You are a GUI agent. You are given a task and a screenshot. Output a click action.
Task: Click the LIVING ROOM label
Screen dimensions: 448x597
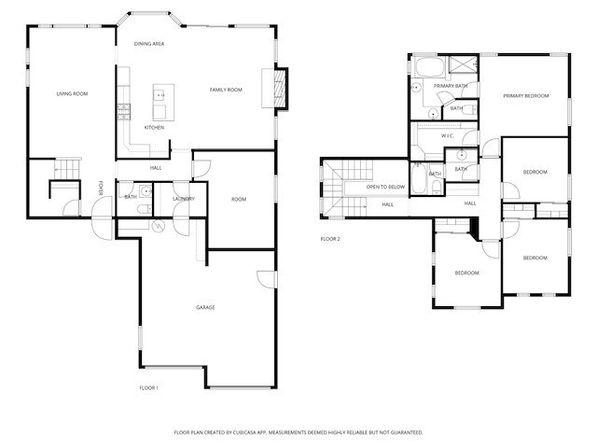(72, 93)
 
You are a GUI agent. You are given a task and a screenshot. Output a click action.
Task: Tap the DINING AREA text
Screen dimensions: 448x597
(149, 44)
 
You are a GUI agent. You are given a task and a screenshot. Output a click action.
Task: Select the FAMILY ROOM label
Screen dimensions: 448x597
(226, 90)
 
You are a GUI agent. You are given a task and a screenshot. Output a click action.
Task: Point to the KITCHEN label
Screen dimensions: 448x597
(154, 127)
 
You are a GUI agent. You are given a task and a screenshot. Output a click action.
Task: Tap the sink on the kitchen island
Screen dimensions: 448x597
(160, 94)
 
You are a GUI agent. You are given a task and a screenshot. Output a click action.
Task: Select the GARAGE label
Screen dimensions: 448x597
(205, 307)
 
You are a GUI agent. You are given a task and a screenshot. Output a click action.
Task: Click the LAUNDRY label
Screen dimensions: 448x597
(183, 198)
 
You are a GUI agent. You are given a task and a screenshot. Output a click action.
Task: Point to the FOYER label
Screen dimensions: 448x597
(102, 189)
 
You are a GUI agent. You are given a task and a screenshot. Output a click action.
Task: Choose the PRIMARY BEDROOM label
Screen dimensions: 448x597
(525, 95)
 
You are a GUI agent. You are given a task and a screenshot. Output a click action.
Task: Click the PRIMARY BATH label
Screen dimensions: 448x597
(449, 85)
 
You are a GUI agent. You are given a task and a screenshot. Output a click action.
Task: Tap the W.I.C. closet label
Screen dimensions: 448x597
(447, 135)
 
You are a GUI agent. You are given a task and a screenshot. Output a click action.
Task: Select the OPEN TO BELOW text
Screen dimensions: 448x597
(385, 187)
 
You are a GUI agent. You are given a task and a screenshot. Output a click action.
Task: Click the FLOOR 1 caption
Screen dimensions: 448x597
(149, 386)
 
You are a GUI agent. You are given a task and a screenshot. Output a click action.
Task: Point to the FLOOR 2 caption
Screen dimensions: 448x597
(331, 239)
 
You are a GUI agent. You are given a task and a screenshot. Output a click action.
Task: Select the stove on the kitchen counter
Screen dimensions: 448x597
(122, 112)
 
